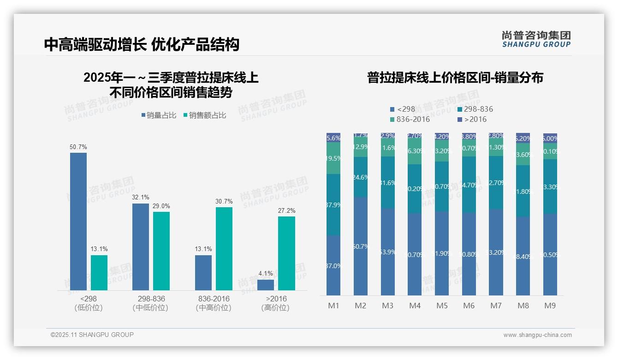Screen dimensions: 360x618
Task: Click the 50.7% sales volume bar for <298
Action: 78,222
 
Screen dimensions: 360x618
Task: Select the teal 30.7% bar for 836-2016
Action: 224,249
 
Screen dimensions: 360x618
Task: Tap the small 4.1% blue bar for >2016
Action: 266,285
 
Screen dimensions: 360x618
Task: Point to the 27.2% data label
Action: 286,211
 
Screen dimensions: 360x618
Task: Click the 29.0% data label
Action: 161,206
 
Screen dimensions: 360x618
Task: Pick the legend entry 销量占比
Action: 159,115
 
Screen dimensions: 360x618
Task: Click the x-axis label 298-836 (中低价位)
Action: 150,303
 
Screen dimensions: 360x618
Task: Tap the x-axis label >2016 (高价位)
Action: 275,303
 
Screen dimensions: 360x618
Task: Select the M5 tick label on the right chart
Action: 442,306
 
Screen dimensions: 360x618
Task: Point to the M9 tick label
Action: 550,306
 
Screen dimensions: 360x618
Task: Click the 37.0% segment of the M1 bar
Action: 333,265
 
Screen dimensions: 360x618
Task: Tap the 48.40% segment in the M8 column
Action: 523,256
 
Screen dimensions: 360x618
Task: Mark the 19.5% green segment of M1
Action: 333,158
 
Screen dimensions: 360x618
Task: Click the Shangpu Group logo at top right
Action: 536,39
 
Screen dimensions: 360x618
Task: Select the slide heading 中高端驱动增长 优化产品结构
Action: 142,44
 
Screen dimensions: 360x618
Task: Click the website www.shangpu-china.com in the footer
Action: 537,335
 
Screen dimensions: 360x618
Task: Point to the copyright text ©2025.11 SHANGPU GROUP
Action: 92,335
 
